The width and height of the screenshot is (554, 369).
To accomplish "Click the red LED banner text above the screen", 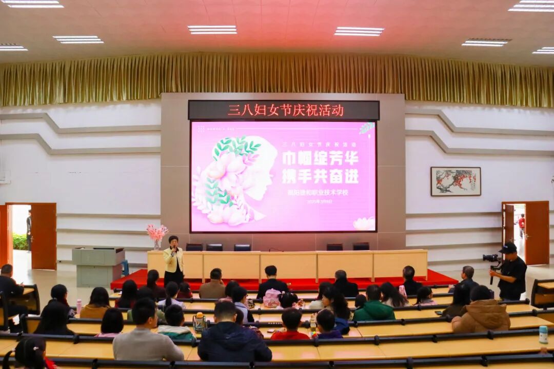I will pyautogui.click(x=286, y=110).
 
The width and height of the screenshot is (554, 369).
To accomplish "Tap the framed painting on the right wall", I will pyautogui.click(x=456, y=181).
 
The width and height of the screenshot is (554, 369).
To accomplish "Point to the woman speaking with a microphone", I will pyautogui.click(x=173, y=259).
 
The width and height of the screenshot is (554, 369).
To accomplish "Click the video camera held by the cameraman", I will pyautogui.click(x=491, y=259).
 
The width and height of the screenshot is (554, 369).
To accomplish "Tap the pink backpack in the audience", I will pyautogui.click(x=272, y=298).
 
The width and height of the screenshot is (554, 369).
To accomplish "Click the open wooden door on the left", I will pyautogui.click(x=44, y=235).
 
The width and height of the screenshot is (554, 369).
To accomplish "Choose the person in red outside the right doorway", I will pyautogui.click(x=522, y=225).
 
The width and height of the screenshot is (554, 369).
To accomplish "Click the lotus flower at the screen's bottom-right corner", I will pyautogui.click(x=364, y=224).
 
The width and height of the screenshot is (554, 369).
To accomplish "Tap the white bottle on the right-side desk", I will pyautogui.click(x=543, y=335).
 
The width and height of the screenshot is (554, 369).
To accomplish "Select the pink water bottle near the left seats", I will pyautogui.click(x=79, y=306).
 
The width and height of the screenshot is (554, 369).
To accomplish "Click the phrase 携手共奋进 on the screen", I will pyautogui.click(x=320, y=176).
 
